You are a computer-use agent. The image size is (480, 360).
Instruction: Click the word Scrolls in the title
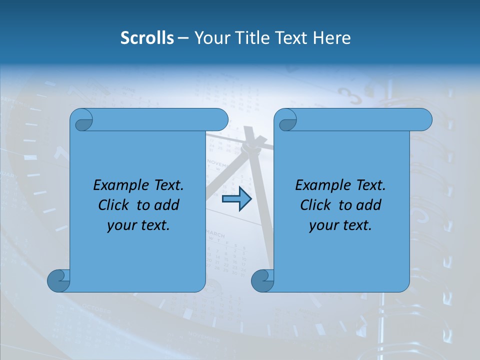[147, 38]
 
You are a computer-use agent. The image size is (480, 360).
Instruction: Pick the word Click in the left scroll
[113, 205]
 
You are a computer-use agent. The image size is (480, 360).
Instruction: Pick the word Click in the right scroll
[315, 205]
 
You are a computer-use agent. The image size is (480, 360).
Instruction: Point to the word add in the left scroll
[167, 205]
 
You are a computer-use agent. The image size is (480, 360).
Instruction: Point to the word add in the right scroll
[369, 205]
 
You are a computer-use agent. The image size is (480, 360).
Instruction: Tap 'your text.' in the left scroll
[138, 225]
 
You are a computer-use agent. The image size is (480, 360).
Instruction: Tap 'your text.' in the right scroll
[340, 225]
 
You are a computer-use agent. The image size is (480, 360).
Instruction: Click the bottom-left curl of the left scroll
[58, 280]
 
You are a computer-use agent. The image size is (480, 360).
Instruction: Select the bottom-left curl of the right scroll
[262, 280]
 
